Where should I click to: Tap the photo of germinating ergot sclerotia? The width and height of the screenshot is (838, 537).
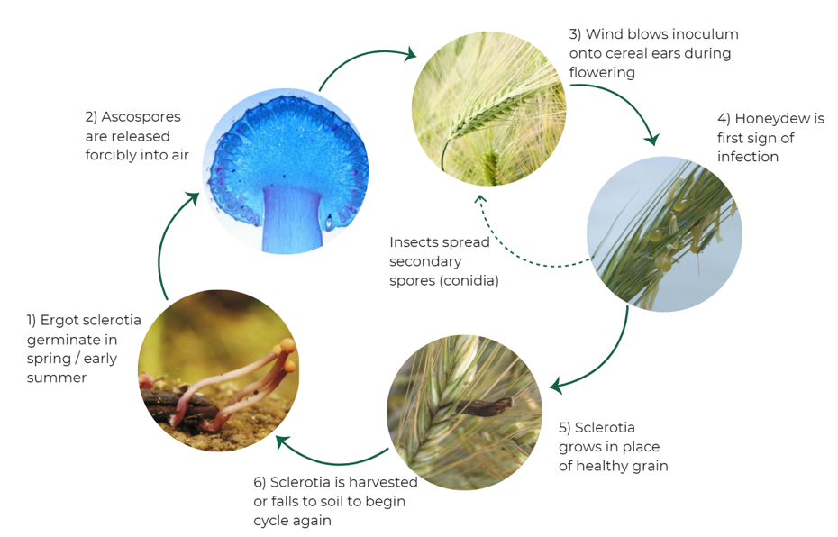(218, 370)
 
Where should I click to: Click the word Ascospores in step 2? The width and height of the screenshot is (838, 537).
(141, 117)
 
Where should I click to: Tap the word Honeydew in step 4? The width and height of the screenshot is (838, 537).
(779, 119)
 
